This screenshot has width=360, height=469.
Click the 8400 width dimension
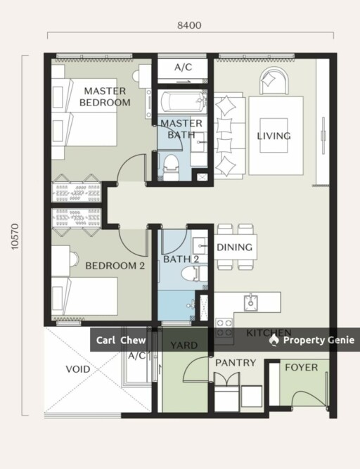[x=189, y=25]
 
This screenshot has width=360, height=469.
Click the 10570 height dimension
[x=15, y=236]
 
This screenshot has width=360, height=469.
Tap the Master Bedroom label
[x=105, y=96]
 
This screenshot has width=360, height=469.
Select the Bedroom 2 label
[x=115, y=266]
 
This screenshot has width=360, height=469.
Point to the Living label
[x=274, y=136]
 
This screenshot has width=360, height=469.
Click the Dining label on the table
[x=234, y=247]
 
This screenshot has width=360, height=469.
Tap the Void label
[x=78, y=369]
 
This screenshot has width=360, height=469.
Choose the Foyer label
[x=301, y=367]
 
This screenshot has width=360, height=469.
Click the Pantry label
[x=236, y=363]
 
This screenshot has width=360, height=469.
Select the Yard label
[x=184, y=345]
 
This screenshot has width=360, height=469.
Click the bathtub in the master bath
[x=182, y=101]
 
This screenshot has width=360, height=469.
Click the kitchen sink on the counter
[x=250, y=302]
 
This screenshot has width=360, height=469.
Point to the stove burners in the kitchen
[x=224, y=328]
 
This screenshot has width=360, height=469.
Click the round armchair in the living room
[x=274, y=80]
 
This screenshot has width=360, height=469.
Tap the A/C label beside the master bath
[x=184, y=67]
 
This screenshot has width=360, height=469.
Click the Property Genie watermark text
[x=319, y=340]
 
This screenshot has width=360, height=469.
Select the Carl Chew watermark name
[x=121, y=340]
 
